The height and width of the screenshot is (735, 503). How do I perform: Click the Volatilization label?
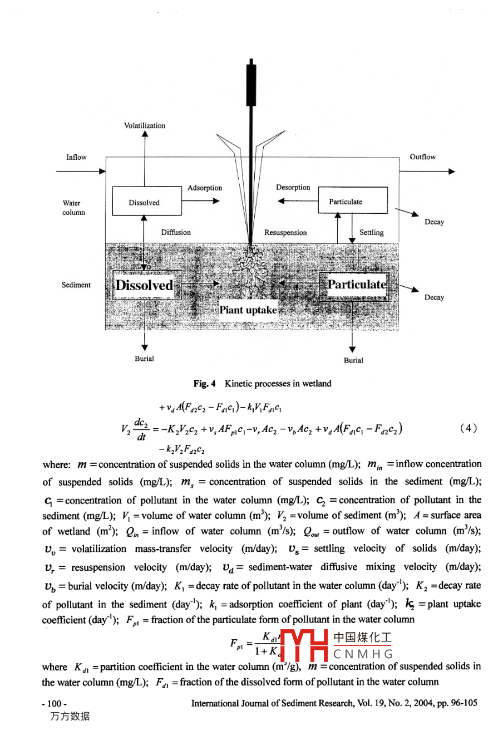[145, 126]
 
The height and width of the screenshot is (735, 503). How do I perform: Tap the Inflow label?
[77, 157]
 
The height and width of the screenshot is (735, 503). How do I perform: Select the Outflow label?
[423, 157]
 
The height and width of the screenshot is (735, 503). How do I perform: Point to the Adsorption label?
[205, 188]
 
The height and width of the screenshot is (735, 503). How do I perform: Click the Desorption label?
[293, 188]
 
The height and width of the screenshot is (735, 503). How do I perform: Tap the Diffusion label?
[176, 233]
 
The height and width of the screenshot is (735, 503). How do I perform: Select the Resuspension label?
[285, 233]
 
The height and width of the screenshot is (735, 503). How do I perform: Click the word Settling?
[372, 233]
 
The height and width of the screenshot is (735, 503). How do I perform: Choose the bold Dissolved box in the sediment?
[144, 286]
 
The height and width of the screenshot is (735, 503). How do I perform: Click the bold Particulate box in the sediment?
[357, 285]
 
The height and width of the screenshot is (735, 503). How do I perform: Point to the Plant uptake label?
[248, 310]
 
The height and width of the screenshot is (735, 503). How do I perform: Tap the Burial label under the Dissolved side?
[145, 359]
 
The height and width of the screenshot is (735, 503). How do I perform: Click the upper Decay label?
[434, 222]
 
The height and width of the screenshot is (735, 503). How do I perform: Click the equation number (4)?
[469, 428]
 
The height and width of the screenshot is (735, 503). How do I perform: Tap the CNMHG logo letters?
[363, 654]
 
